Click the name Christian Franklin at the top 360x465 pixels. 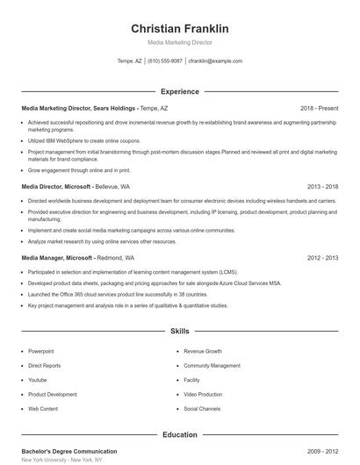[x=179, y=29]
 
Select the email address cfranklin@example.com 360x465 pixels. [x=215, y=61]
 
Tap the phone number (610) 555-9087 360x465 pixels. [x=165, y=61]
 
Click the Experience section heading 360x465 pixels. [x=179, y=91]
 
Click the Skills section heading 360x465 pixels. [x=179, y=332]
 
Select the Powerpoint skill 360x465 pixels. [x=41, y=350]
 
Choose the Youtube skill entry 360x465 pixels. [x=38, y=380]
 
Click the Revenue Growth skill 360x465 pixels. [x=204, y=350]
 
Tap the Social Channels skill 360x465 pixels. [x=203, y=409]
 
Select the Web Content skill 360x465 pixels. [x=43, y=409]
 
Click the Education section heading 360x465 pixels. [x=179, y=435]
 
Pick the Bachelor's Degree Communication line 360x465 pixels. [x=68, y=451]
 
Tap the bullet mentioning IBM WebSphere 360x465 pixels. [x=84, y=139]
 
